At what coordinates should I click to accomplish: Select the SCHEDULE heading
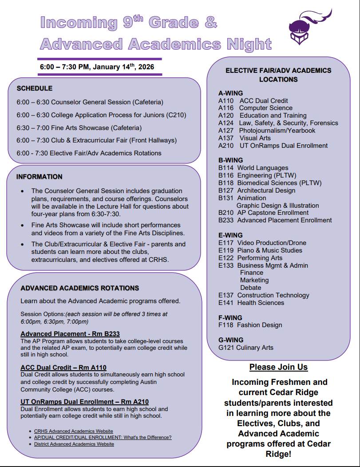pyautogui.click(x=35, y=88)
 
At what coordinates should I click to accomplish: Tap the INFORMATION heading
pyautogui.click(x=40, y=177)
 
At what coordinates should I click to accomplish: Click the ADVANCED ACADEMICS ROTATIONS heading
pyautogui.click(x=80, y=288)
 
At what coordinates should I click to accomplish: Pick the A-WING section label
pyautogui.click(x=230, y=93)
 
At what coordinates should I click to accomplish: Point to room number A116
pyautogui.click(x=226, y=108)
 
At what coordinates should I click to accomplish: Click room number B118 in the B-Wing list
pyautogui.click(x=226, y=183)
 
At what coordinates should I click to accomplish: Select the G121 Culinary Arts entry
pyautogui.click(x=246, y=348)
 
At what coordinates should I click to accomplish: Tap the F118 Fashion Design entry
pyautogui.click(x=250, y=325)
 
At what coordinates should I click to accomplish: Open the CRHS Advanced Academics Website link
pyautogui.click(x=74, y=431)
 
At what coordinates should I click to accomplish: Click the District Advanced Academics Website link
pyautogui.click(x=74, y=444)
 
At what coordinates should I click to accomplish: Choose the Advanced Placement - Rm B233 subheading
pyautogui.click(x=70, y=334)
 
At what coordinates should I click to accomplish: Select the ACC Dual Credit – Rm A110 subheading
pyautogui.click(x=63, y=368)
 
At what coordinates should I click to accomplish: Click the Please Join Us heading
pyautogui.click(x=278, y=367)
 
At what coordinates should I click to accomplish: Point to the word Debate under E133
pyautogui.click(x=251, y=288)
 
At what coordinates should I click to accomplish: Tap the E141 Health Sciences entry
pyautogui.click(x=251, y=303)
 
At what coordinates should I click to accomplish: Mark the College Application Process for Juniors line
pyautogui.click(x=101, y=115)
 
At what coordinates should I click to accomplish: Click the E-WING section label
pyautogui.click(x=230, y=235)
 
